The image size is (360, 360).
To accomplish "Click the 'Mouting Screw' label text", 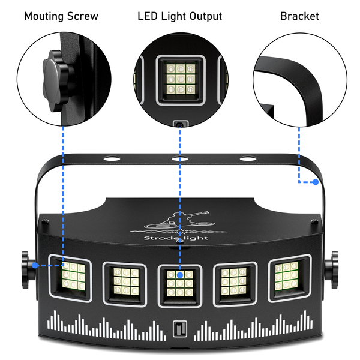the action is tap(61, 16).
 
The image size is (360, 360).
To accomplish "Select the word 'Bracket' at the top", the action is tap(299, 16).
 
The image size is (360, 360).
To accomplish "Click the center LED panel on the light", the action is tap(179, 281).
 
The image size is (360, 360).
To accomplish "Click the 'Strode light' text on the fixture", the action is tap(181, 239).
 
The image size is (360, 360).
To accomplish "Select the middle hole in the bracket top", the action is tap(177, 159).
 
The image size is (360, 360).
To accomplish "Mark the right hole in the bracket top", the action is tap(245, 159).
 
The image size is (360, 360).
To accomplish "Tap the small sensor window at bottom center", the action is tap(179, 329).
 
